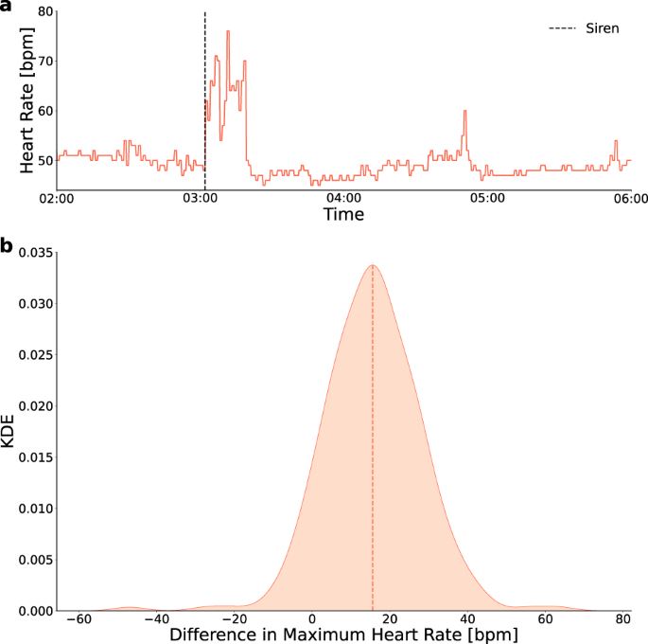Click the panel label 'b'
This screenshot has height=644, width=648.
coord(7,248)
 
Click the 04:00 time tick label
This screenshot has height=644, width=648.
coord(343,199)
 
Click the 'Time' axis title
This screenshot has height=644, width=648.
coord(343,216)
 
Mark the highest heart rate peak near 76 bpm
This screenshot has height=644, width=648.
coord(228,31)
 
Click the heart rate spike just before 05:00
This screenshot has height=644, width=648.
coord(465,112)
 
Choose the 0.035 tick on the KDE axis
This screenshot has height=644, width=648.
coord(31,253)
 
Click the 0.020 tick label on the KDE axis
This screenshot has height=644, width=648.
coord(31,406)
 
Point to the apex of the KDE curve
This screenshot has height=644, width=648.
coord(373,265)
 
